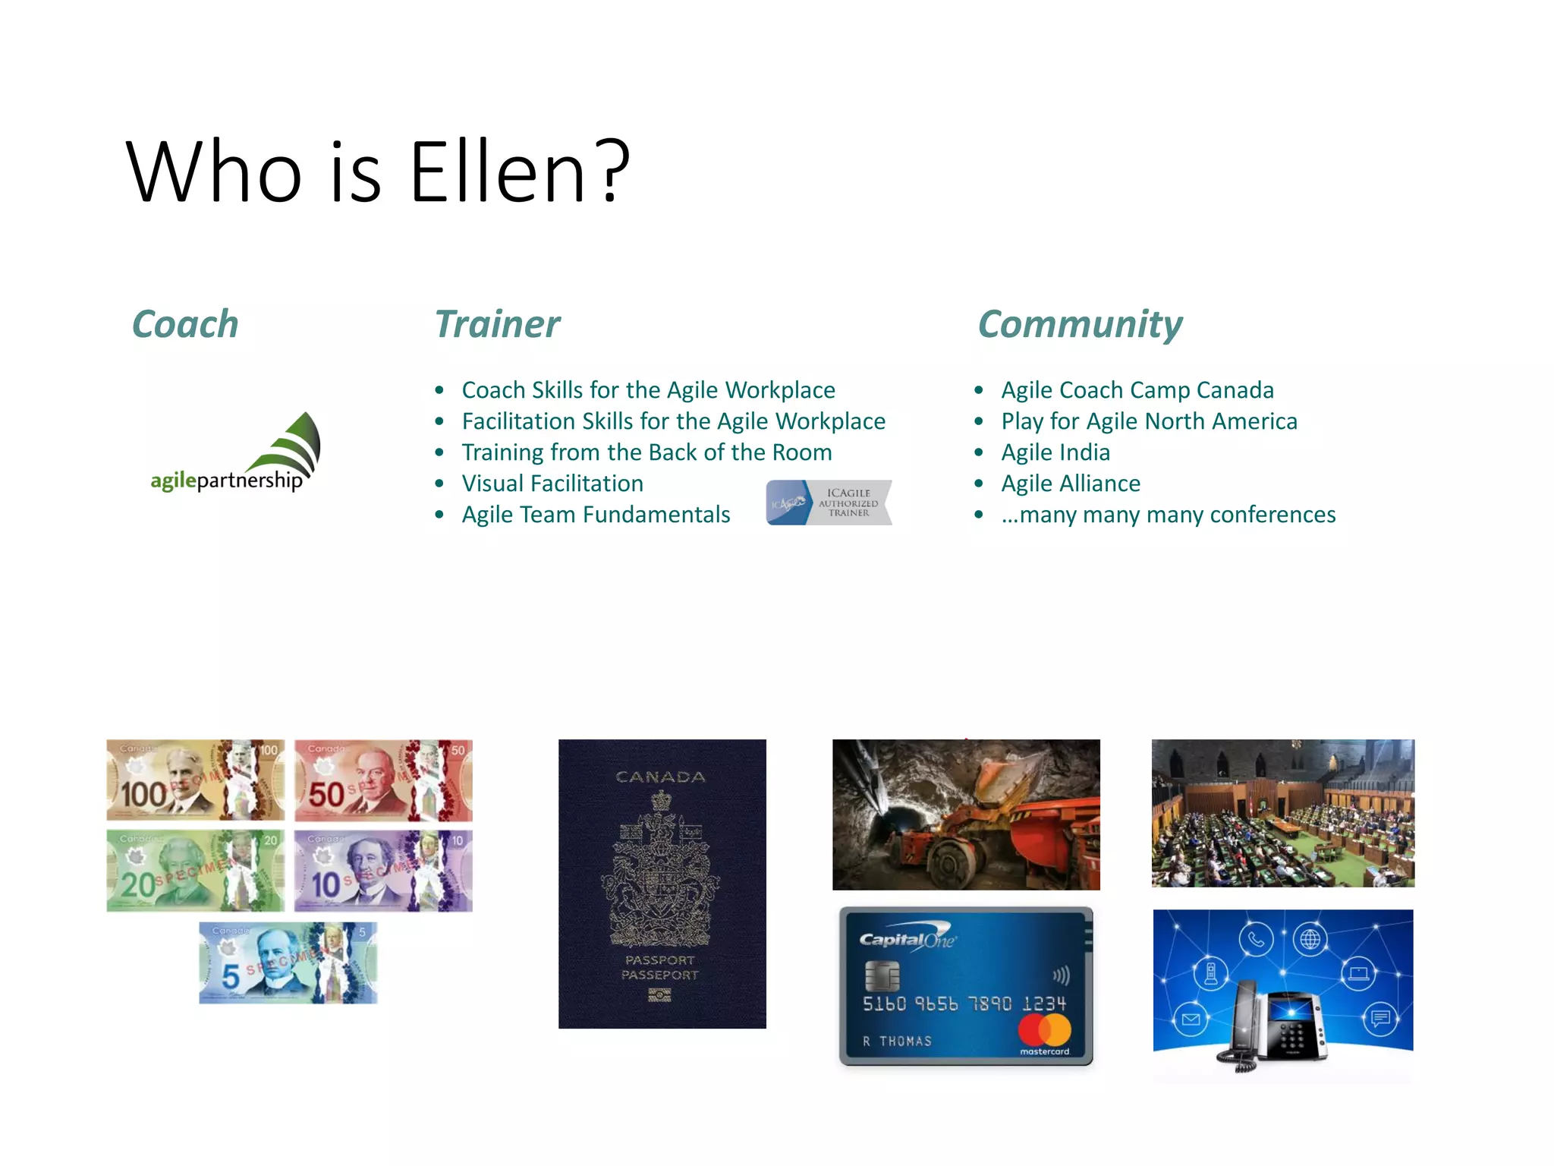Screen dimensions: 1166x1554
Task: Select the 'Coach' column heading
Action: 185,324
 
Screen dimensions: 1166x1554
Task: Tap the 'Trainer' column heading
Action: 497,324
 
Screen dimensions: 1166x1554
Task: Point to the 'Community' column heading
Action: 1080,325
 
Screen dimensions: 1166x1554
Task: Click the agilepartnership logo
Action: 235,454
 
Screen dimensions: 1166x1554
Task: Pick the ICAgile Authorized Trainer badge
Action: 829,503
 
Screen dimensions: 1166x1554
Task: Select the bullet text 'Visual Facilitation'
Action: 552,484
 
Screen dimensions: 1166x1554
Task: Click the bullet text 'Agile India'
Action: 1055,452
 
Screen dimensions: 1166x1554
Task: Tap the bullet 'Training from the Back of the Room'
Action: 646,452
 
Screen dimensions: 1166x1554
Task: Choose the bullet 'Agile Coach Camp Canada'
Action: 1137,390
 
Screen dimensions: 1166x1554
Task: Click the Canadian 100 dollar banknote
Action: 196,780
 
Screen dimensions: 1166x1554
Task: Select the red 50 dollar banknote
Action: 383,780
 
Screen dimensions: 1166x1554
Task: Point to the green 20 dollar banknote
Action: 196,870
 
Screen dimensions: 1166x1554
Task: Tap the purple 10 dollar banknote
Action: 383,870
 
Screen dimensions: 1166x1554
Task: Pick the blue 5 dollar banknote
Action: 288,963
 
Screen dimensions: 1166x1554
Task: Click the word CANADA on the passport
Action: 660,777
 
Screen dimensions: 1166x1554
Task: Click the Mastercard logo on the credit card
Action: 1045,1032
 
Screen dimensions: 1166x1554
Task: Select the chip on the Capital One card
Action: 882,975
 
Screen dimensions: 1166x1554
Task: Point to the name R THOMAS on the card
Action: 897,1042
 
